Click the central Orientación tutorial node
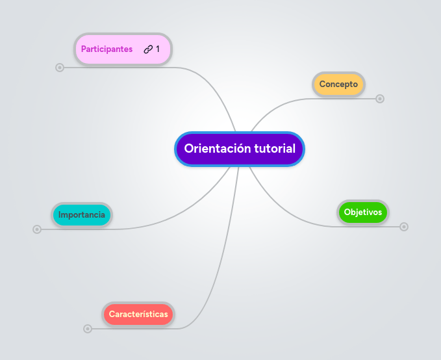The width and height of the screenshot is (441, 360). click(x=239, y=149)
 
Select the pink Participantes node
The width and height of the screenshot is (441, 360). click(x=107, y=49)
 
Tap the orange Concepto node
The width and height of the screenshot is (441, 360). click(x=338, y=84)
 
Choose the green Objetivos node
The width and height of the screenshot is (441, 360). click(x=363, y=212)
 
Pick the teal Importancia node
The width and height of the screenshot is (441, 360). click(x=82, y=214)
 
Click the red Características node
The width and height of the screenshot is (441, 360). click(x=138, y=314)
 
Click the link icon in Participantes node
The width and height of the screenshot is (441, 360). click(x=148, y=49)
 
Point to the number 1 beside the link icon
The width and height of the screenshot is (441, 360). click(x=157, y=49)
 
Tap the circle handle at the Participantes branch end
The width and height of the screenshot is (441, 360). click(x=60, y=67)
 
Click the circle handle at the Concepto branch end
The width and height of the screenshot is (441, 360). click(x=380, y=99)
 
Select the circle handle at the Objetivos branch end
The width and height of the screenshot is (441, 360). click(x=404, y=227)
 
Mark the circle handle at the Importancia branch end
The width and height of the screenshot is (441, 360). click(x=37, y=229)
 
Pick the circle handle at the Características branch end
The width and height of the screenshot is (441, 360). click(x=88, y=329)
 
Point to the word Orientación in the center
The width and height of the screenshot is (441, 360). click(x=217, y=149)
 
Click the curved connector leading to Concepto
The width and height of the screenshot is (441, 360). click(x=279, y=104)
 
